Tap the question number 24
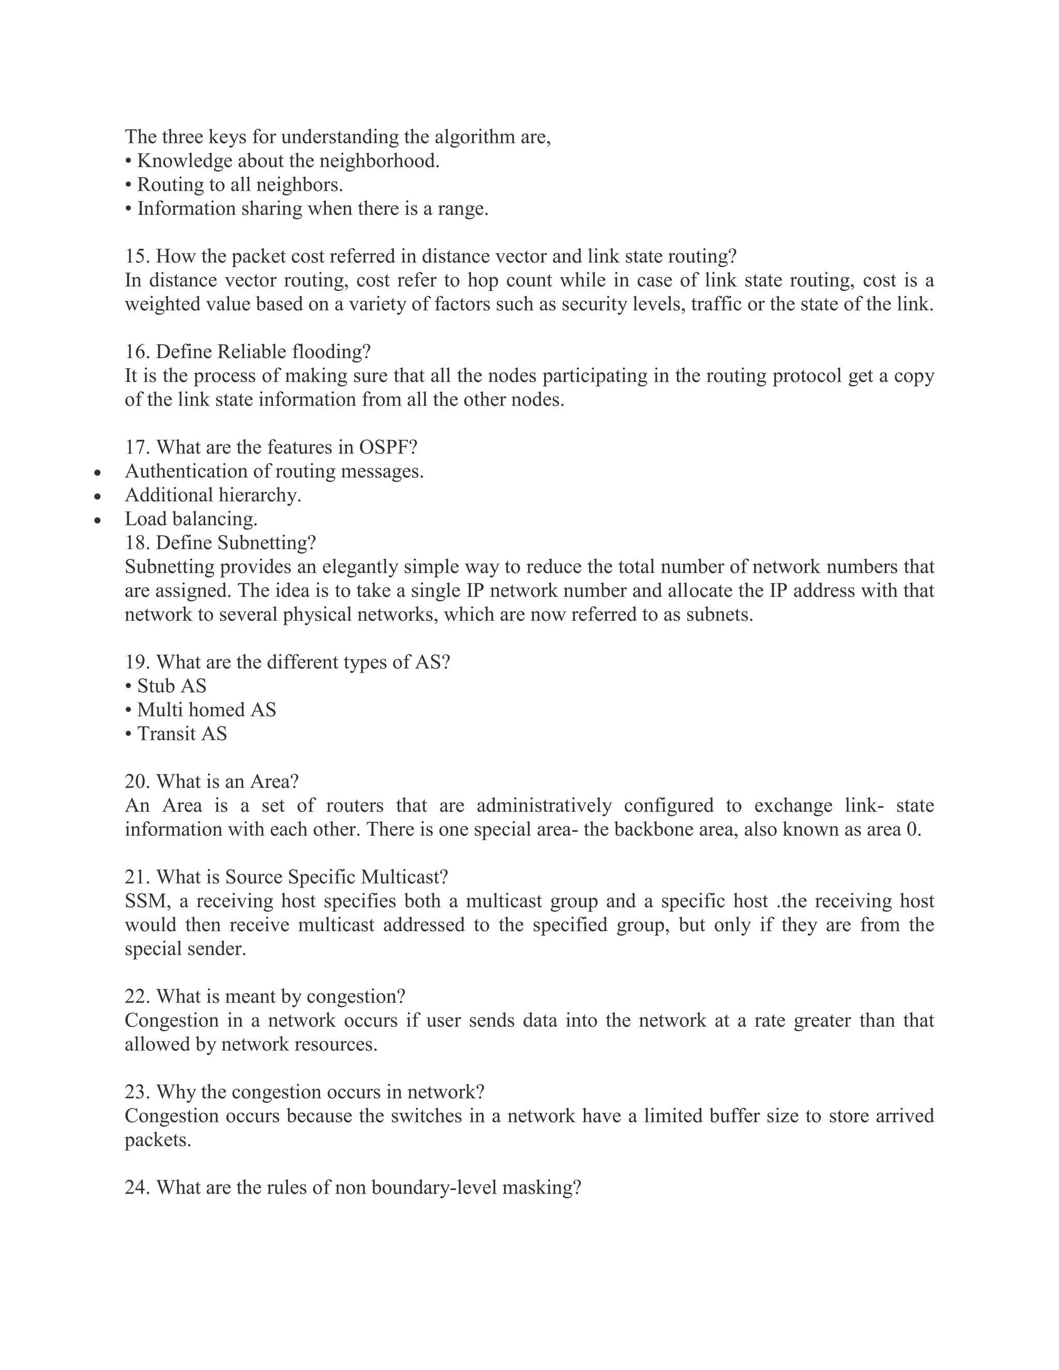click(x=138, y=1188)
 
